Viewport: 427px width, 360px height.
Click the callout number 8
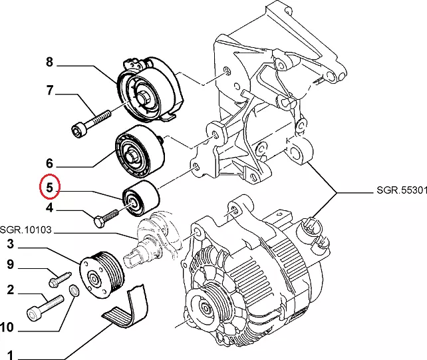(49, 63)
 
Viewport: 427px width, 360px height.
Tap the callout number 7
(49, 90)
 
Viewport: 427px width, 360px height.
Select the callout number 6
(49, 162)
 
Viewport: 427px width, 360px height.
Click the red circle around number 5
(49, 188)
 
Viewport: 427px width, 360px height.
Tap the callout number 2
(11, 289)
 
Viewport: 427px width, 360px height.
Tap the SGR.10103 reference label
(26, 230)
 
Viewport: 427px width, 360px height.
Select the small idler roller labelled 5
(139, 198)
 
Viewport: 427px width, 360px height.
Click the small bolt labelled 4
(106, 217)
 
